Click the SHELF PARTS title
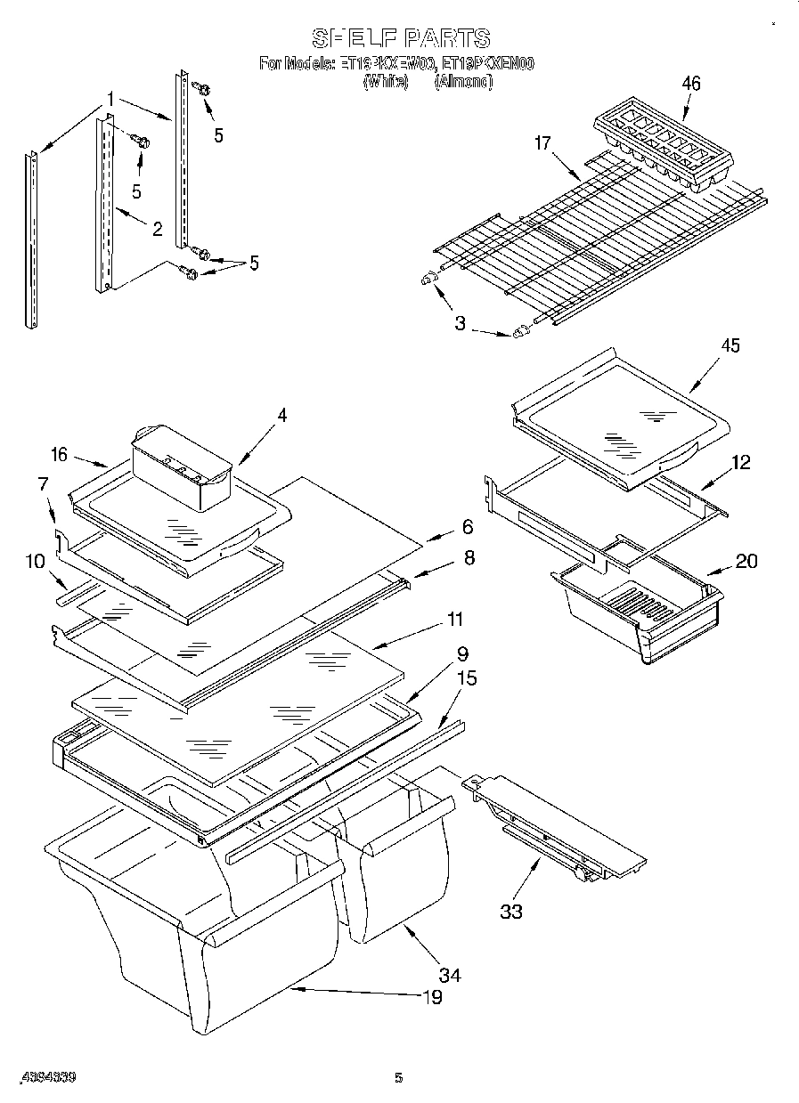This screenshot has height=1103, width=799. coord(400,37)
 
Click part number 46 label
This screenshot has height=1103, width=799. coord(690,84)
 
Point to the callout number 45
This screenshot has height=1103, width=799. coord(730,346)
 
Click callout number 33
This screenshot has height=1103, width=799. coord(510,911)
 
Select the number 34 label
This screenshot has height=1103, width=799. coord(451,976)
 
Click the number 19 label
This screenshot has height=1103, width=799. coord(431,997)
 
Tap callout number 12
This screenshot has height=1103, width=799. coord(740,462)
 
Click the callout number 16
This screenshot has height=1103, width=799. coord(59,454)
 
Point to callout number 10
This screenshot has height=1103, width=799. coord(35,562)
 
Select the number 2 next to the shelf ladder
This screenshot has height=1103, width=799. coord(157,230)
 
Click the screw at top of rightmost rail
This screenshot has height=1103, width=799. coord(202,89)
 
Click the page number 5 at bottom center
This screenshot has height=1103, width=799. coord(398,1078)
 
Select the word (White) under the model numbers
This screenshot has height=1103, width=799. coord(385,82)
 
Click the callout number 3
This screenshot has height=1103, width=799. coord(460,323)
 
